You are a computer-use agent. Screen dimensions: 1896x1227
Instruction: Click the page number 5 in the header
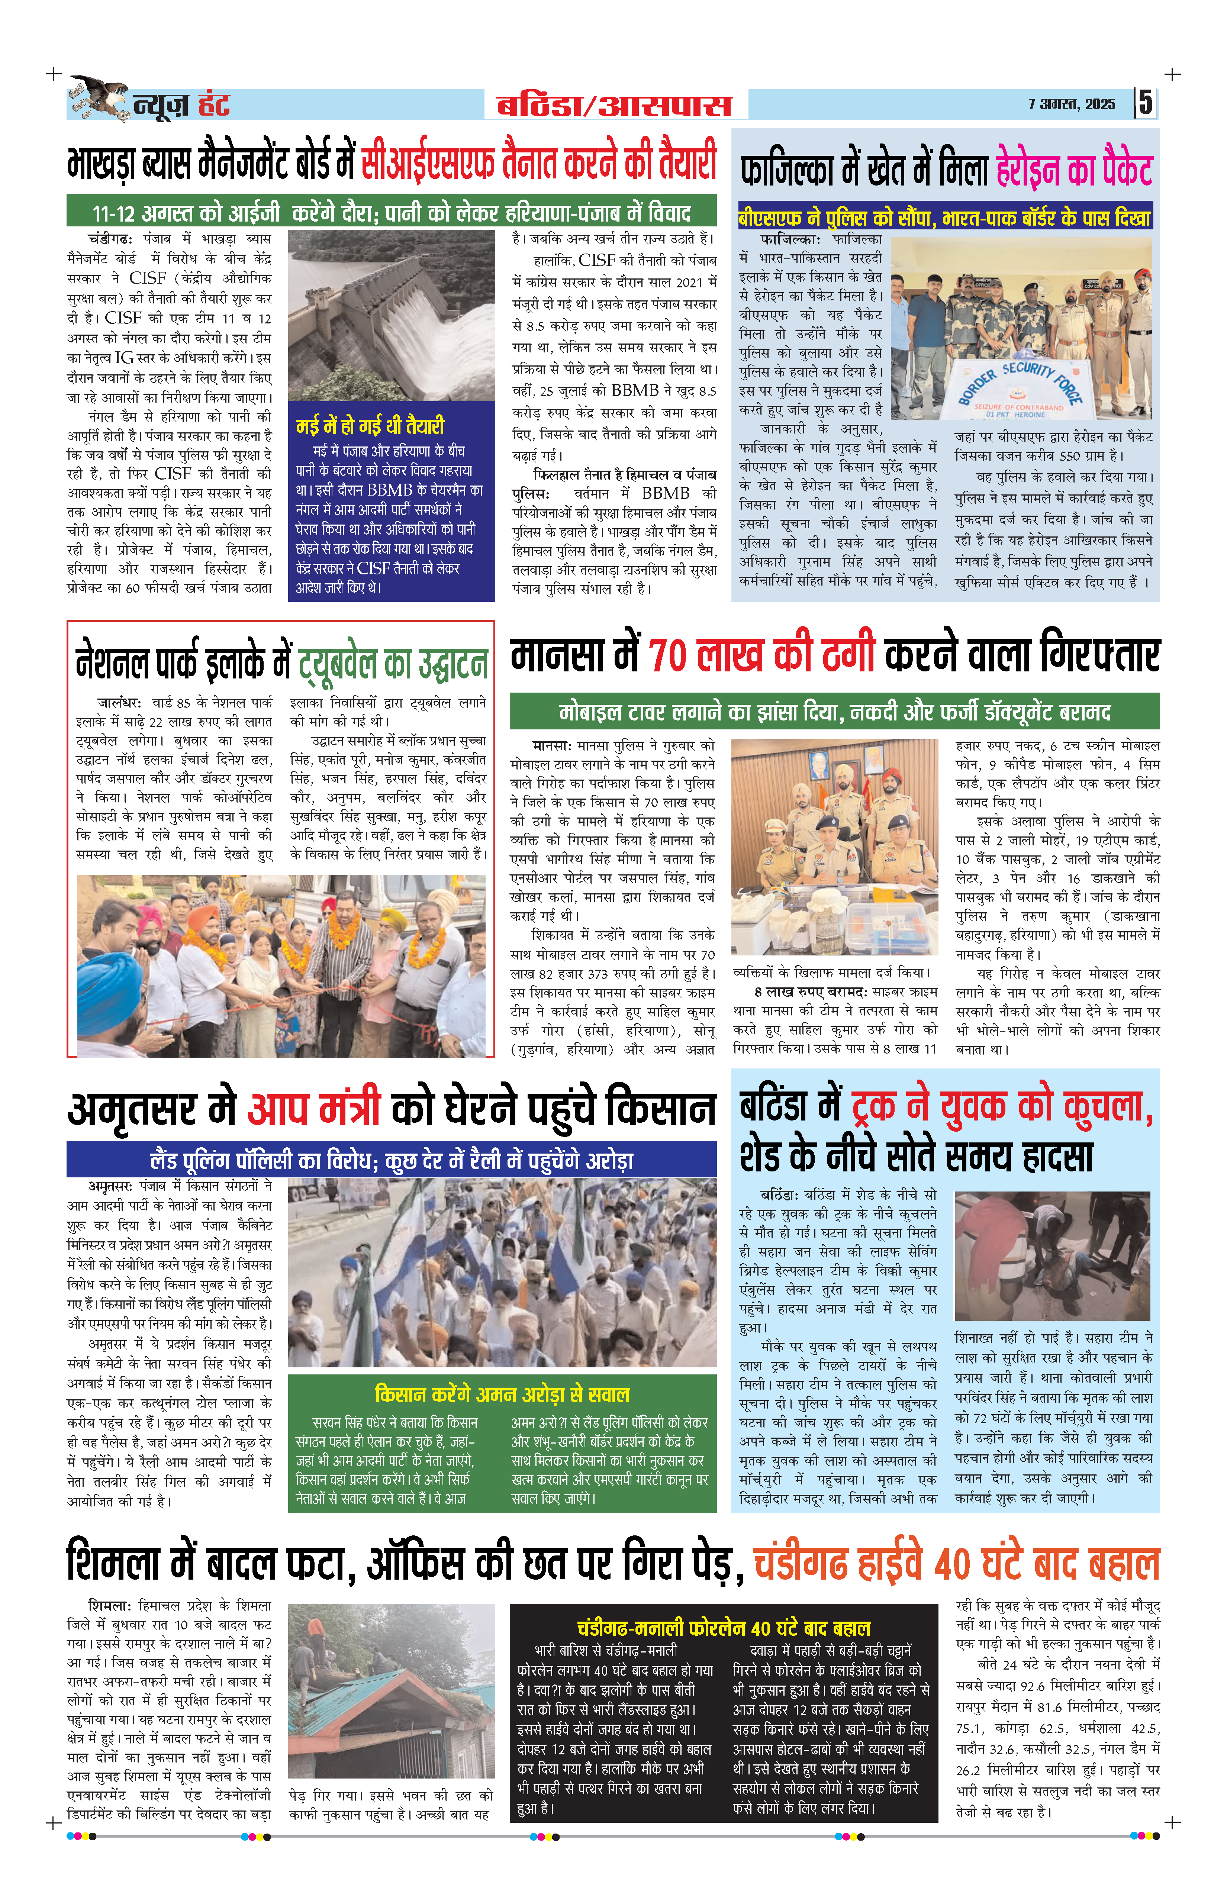[1145, 103]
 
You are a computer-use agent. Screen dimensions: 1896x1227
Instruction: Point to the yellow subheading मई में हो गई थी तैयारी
[370, 425]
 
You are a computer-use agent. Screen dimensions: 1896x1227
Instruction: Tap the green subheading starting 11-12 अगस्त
[391, 213]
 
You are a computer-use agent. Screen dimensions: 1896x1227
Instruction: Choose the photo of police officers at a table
[834, 846]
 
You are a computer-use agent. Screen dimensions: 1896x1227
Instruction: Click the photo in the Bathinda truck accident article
[1053, 1256]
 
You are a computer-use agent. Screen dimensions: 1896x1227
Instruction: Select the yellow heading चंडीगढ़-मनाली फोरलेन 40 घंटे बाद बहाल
[724, 1628]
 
